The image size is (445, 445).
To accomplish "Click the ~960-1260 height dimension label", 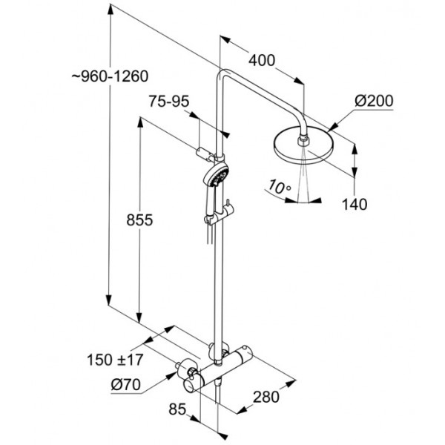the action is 110,76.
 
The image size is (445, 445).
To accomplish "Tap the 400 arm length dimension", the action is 262,60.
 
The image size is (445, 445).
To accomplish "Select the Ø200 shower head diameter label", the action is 374,101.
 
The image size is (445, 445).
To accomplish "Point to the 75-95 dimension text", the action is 169,101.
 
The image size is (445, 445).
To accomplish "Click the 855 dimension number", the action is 139,220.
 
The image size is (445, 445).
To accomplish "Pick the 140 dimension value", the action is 355,204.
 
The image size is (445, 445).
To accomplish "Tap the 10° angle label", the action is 279,186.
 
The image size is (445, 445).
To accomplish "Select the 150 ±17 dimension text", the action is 115,360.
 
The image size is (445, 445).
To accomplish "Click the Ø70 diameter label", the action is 126,385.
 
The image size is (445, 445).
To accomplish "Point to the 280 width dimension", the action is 266,397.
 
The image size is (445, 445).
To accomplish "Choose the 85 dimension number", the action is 177,409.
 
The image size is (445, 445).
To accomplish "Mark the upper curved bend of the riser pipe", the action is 222,73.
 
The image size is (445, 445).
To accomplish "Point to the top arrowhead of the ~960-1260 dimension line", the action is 111,10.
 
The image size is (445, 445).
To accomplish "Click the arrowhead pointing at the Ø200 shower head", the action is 332,127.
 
